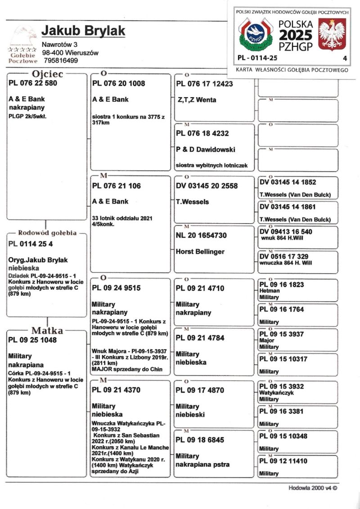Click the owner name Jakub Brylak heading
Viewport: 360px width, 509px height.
coord(83,31)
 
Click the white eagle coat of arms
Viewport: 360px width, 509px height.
coord(332,35)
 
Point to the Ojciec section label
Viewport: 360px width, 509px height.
coord(47,74)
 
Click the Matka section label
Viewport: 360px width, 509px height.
coord(47,331)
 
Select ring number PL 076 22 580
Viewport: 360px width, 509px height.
coord(33,83)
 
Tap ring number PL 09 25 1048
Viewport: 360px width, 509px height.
coord(33,340)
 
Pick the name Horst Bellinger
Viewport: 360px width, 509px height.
coord(200,252)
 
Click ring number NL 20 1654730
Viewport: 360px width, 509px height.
coord(201,235)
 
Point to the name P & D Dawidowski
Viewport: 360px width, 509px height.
coord(206,149)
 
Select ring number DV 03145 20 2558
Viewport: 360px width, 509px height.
coord(207,186)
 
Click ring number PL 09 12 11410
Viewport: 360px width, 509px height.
coord(283,461)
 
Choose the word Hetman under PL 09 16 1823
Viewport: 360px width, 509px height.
coord(270,291)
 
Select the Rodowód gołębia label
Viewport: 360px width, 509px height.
coord(47,233)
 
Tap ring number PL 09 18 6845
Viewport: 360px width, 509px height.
coord(200,440)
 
